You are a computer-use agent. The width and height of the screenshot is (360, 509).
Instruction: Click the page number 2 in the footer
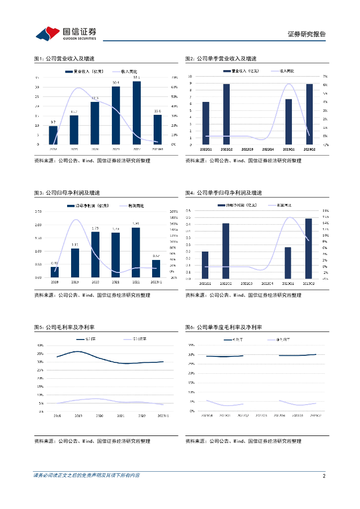coord(324,476)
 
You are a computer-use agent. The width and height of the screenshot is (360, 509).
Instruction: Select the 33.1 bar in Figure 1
coord(137,113)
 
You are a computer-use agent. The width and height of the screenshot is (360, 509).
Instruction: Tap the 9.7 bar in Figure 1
coord(53,135)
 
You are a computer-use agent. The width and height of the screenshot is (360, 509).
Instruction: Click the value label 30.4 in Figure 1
coord(115,83)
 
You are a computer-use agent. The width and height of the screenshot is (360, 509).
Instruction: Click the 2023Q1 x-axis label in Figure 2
coord(288,149)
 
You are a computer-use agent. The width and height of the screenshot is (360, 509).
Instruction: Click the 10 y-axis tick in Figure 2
coord(189,77)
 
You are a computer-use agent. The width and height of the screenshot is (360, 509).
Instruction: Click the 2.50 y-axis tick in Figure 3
coord(38,211)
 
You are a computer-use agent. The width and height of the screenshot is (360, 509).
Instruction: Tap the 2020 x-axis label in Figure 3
coord(95,282)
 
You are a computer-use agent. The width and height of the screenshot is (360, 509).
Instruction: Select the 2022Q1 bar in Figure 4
coord(205,265)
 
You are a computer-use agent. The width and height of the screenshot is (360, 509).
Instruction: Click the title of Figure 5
coord(65,327)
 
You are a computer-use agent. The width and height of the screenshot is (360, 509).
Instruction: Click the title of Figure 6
coord(224,327)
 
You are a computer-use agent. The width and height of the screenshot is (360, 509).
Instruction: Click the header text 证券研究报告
coord(307,34)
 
